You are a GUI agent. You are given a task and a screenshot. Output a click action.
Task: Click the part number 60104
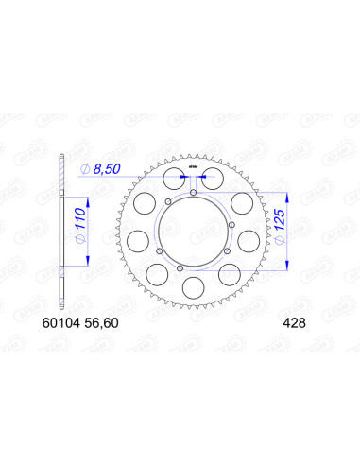coord(77,320)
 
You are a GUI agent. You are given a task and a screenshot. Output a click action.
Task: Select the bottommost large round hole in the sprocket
coord(192,286)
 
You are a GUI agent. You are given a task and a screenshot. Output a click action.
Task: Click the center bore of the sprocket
coord(192,232)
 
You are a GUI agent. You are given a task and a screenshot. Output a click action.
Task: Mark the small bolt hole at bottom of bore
coord(192,268)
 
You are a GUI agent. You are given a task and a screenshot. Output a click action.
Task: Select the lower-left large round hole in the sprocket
coord(153,271)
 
